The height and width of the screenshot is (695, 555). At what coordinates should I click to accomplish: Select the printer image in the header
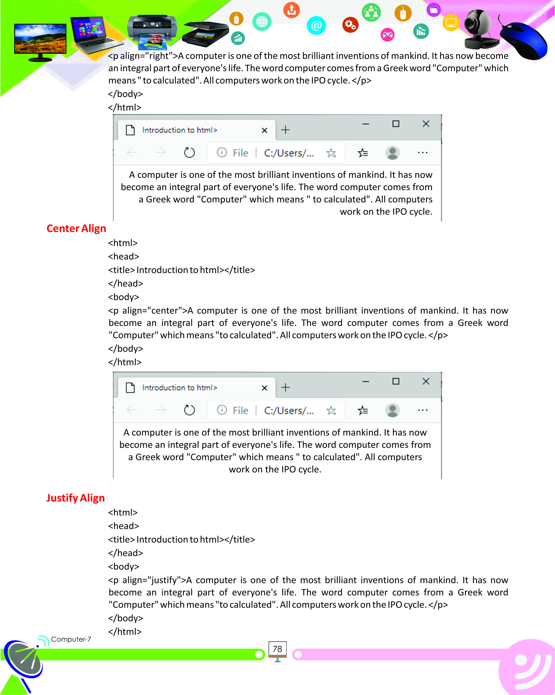[152, 31]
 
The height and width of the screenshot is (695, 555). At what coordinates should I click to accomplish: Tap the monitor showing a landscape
[40, 40]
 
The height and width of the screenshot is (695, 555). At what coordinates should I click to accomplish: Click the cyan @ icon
[316, 25]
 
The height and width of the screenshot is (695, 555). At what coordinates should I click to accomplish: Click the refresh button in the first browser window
[189, 152]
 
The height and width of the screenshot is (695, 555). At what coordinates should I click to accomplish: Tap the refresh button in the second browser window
[189, 410]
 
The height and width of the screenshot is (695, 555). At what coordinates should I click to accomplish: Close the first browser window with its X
[426, 124]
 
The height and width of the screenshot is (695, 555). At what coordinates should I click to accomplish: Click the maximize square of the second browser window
[396, 381]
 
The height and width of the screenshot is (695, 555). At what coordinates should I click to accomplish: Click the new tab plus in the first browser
[285, 130]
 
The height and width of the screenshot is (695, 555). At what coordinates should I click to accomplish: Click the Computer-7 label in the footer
[71, 639]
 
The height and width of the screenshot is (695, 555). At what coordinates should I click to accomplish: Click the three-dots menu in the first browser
[422, 152]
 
